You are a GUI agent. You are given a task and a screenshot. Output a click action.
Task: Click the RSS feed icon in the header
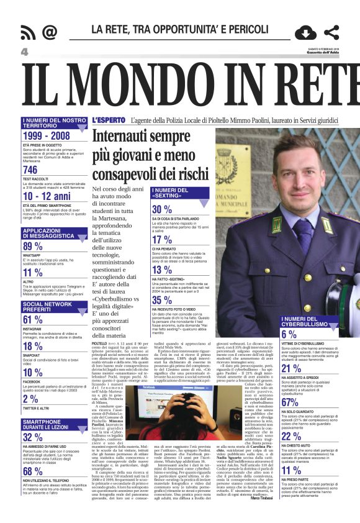pyautogui.click(x=27, y=32)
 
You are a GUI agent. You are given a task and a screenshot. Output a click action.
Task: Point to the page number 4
pyautogui.click(x=25, y=52)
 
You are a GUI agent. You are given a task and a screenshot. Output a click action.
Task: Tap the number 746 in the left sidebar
pyautogui.click(x=30, y=170)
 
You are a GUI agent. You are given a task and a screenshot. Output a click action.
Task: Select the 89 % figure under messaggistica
pyautogui.click(x=33, y=246)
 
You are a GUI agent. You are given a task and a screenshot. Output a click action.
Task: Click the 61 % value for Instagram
pyautogui.click(x=33, y=320)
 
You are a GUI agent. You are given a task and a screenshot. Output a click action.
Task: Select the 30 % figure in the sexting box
pyautogui.click(x=162, y=209)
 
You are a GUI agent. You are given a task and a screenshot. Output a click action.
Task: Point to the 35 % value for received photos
pyautogui.click(x=162, y=300)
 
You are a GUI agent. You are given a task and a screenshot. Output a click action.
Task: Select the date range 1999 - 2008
pyautogui.click(x=46, y=135)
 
